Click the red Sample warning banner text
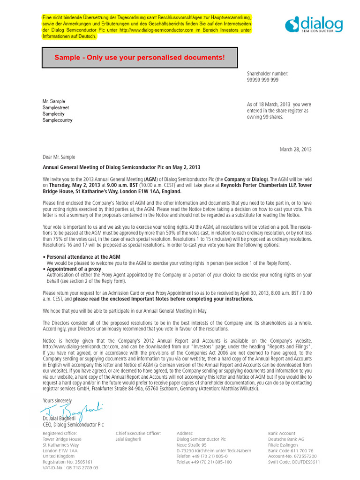click(x=139, y=58)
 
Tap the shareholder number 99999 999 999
click(x=262, y=80)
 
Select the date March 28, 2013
click(x=295, y=150)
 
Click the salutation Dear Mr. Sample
click(x=59, y=157)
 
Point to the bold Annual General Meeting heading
click(x=121, y=167)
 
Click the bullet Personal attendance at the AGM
click(x=83, y=257)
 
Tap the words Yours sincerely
click(x=57, y=400)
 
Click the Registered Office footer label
click(x=60, y=433)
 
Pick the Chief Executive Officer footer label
click(x=138, y=433)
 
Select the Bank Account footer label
click(x=282, y=433)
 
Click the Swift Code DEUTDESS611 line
click(x=294, y=462)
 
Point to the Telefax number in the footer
click(x=204, y=462)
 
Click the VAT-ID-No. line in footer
click(x=70, y=467)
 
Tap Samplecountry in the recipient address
click(x=57, y=120)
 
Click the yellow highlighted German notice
click(x=147, y=27)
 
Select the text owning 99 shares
click(x=265, y=117)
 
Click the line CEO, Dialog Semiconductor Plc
click(x=73, y=425)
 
